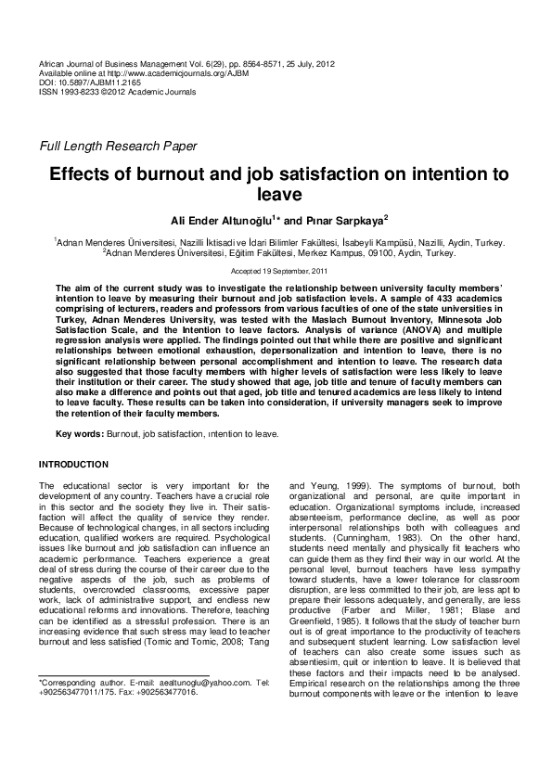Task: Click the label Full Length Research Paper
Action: tap(117, 146)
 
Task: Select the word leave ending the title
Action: tap(276, 194)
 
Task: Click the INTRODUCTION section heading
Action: tap(73, 464)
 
